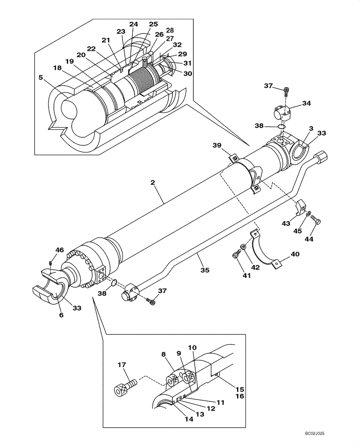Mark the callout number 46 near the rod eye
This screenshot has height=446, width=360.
59,250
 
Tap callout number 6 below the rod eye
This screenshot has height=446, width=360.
61,315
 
